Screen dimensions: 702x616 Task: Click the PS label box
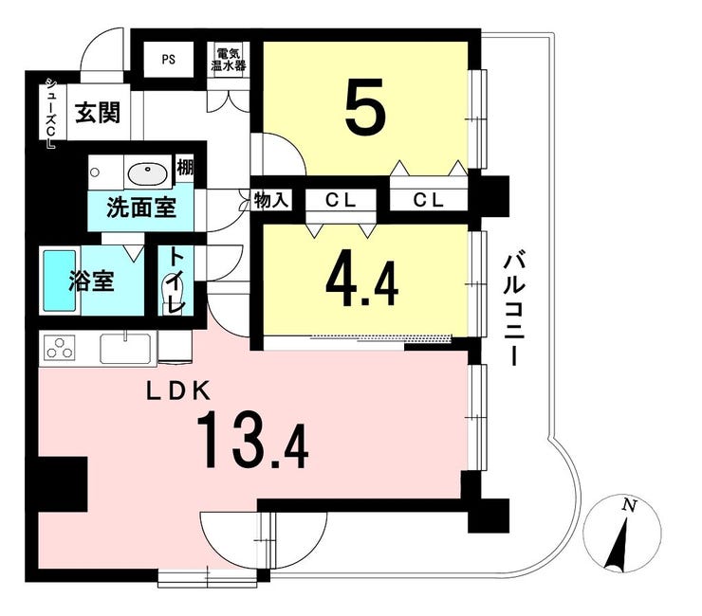click(168, 60)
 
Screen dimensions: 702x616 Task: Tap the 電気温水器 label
click(229, 59)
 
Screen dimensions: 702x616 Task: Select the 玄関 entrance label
click(98, 112)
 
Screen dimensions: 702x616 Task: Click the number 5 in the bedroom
click(365, 106)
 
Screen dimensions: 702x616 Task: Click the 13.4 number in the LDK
click(252, 441)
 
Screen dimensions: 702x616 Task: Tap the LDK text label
click(178, 392)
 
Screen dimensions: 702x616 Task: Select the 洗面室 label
click(141, 208)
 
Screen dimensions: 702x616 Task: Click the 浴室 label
click(92, 281)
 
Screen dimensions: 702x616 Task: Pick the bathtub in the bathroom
click(59, 281)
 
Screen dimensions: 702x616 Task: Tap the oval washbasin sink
click(148, 172)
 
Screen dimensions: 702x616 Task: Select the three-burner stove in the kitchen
click(60, 348)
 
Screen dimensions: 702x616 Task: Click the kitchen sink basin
click(125, 349)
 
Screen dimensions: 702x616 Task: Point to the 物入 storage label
click(270, 200)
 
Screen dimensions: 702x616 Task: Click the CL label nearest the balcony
click(428, 200)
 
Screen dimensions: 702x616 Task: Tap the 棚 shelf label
click(185, 168)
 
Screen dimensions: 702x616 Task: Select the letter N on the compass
click(630, 506)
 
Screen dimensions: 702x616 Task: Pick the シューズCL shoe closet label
click(49, 113)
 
